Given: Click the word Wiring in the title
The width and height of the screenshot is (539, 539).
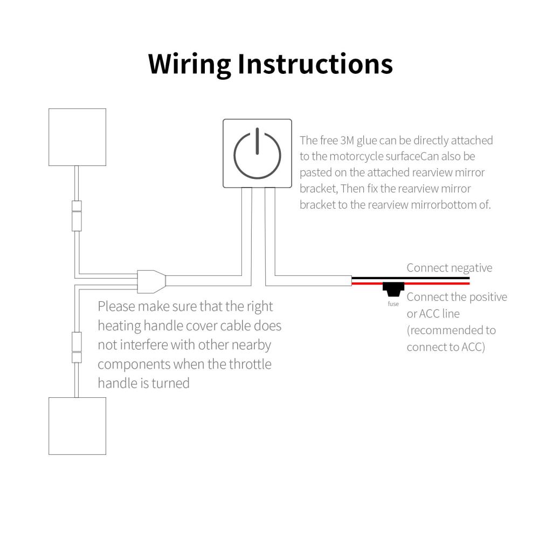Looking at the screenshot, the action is point(189,64).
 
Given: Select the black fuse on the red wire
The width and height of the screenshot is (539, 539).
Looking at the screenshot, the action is point(393,289).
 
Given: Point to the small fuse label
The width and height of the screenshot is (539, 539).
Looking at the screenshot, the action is point(393,304).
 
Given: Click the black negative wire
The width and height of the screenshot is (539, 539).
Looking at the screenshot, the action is point(410,278).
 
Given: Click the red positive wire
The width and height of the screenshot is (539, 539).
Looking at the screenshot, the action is point(410,284).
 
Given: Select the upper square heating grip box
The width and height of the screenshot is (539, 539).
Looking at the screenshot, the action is point(77,137).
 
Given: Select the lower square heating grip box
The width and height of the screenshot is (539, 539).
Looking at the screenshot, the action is point(77,426).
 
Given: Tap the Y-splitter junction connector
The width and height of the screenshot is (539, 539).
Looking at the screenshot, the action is point(151,281).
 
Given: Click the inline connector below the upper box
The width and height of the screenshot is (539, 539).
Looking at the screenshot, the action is point(77,216).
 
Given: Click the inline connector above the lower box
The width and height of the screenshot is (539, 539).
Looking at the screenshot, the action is point(77,347).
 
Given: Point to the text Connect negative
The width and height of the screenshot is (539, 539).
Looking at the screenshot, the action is point(450,268).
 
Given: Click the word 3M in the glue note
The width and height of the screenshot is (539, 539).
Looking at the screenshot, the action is point(347,141).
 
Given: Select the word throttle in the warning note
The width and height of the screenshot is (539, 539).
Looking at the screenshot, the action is point(250,364).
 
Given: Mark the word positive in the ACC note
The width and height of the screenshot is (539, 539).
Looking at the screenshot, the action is point(488,298).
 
